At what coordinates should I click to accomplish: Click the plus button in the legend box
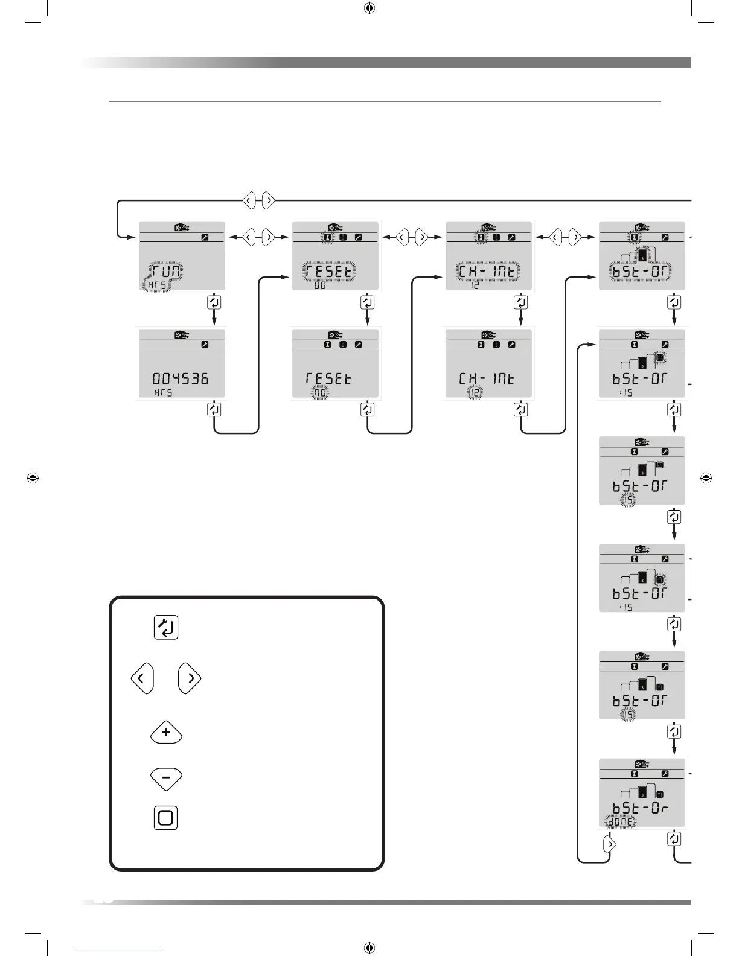pos(166,733)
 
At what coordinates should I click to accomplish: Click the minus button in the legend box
pos(166,778)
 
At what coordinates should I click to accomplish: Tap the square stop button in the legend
pos(165,818)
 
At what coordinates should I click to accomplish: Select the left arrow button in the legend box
pos(141,679)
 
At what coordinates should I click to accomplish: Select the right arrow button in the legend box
pos(190,679)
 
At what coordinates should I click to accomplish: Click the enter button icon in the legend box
pos(166,628)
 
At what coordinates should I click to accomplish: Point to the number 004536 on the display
pos(181,379)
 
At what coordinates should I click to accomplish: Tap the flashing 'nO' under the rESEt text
pos(319,394)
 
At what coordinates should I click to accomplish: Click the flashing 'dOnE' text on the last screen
pos(621,821)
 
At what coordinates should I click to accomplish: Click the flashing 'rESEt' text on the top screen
pos(329,272)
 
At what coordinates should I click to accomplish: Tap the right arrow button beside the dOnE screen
pos(610,844)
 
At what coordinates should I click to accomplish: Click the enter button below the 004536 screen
pos(214,409)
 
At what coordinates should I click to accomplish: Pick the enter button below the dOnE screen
pos(674,838)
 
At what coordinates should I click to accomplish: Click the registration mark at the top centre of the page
pos(369,8)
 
